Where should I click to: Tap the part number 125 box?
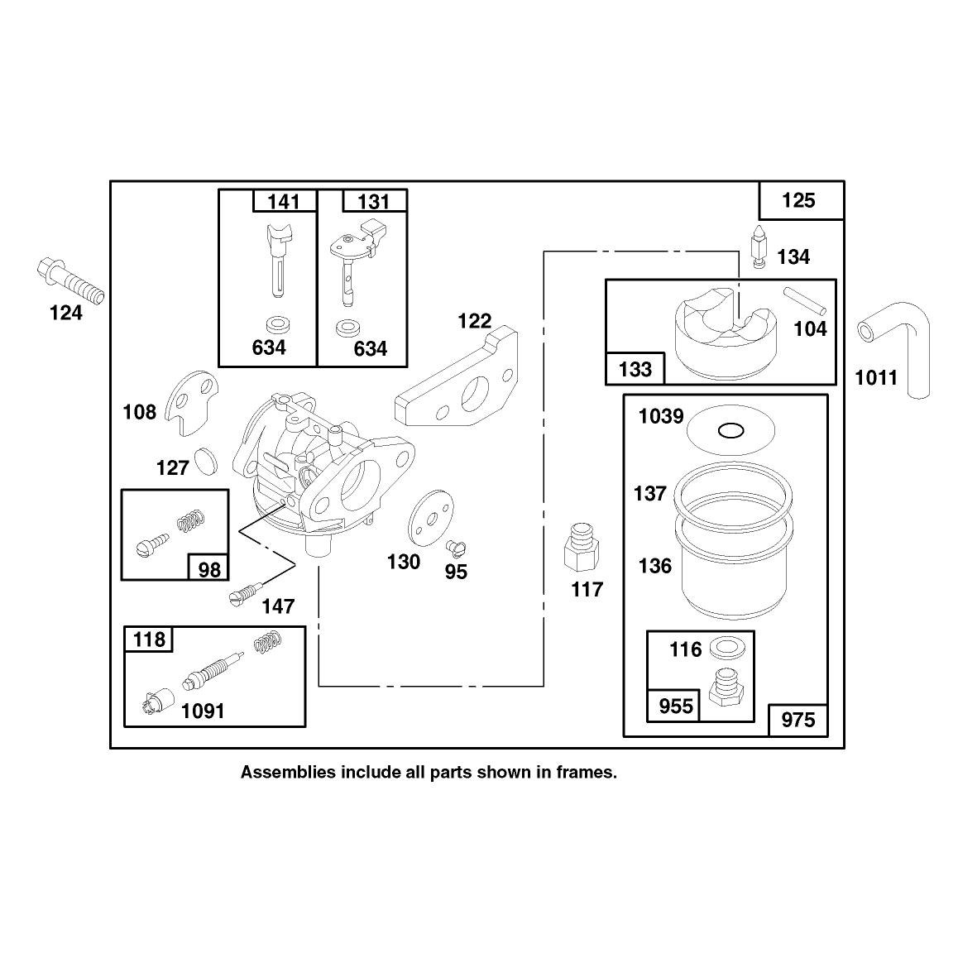[801, 200]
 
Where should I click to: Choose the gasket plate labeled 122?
[457, 377]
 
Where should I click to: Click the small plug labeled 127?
[205, 461]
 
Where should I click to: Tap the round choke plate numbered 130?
[431, 518]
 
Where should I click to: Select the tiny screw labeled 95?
[456, 547]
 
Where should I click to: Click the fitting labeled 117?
[582, 546]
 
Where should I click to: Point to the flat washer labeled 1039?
[730, 430]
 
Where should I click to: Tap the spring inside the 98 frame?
[190, 520]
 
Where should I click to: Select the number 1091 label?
[203, 711]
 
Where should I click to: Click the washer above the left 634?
[279, 323]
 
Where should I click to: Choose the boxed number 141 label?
[284, 201]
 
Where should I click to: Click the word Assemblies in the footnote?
[288, 772]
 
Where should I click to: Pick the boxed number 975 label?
[798, 720]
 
